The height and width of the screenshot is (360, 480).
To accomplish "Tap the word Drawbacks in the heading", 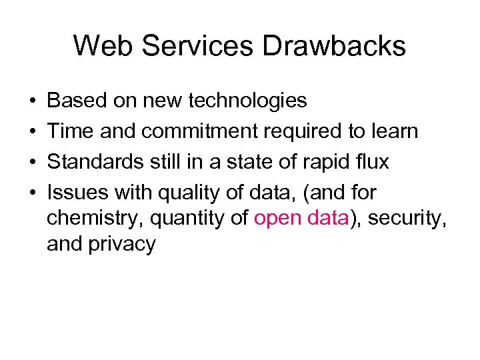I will point(334,46).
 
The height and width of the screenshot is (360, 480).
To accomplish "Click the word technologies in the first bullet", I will point(248,101).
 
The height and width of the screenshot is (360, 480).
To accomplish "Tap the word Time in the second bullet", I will point(71,131).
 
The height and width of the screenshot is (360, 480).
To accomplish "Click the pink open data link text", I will point(301,217).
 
